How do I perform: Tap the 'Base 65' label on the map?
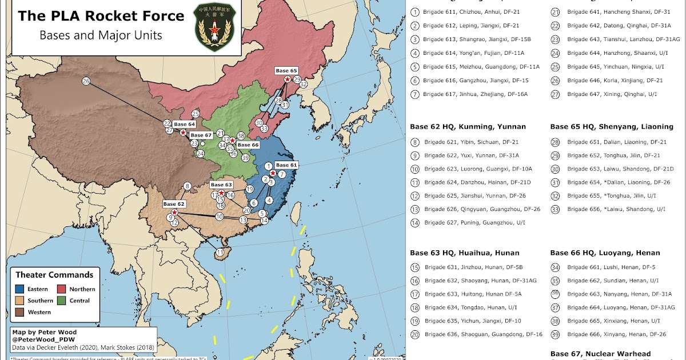(286, 71)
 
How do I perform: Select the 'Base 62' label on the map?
(174, 204)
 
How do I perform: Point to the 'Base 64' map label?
(184, 124)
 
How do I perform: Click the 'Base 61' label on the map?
(286, 165)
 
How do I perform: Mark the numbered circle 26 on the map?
(86, 82)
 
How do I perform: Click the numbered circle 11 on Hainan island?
(220, 253)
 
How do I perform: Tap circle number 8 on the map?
(187, 186)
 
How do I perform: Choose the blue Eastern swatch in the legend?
(20, 289)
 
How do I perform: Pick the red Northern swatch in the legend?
(61, 289)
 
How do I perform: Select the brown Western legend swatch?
(20, 312)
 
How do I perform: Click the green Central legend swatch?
(61, 301)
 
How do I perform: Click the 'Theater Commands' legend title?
(54, 275)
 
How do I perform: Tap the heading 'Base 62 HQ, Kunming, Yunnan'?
(468, 126)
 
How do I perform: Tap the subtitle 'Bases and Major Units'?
(101, 35)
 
